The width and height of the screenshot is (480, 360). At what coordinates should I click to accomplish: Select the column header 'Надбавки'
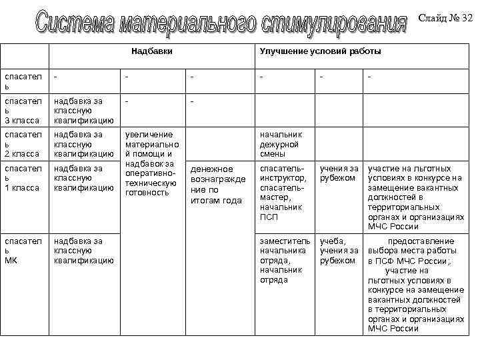point(147,51)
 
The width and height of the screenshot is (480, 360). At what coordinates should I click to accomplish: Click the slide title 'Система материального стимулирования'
point(221,23)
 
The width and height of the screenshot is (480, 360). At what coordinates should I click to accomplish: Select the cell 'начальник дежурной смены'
point(281,144)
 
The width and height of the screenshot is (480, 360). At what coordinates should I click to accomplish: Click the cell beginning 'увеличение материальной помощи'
point(150,163)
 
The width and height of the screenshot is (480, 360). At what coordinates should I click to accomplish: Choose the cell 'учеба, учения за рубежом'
point(339,250)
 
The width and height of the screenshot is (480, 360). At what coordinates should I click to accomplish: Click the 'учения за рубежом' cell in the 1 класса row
point(339,173)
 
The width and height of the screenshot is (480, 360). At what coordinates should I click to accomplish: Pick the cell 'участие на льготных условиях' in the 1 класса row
point(415,197)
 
